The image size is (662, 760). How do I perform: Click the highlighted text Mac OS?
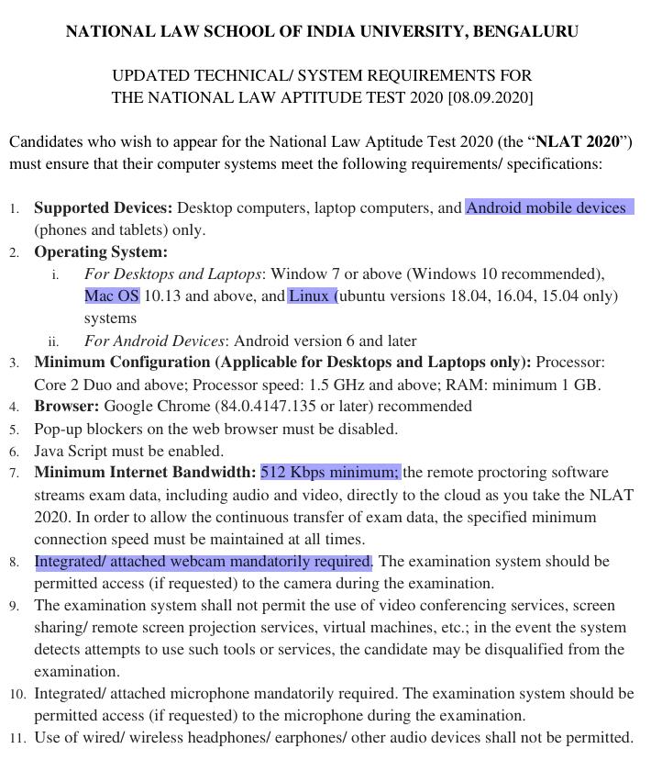point(112,296)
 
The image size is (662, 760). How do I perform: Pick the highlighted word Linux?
point(310,296)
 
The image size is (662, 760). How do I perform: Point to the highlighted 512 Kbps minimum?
point(330,472)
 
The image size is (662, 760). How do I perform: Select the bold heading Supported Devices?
point(103,207)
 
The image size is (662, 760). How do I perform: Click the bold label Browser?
point(67,406)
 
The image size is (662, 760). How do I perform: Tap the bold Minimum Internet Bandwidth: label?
point(145,472)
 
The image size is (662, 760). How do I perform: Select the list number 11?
point(18,738)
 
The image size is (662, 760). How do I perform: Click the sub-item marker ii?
point(53,341)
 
